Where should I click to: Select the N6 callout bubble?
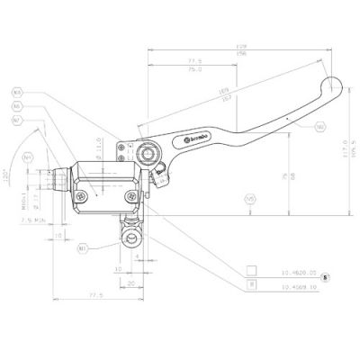18,106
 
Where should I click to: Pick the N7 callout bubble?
18,120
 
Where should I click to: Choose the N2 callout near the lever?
320,128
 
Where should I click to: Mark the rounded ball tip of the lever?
337,86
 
